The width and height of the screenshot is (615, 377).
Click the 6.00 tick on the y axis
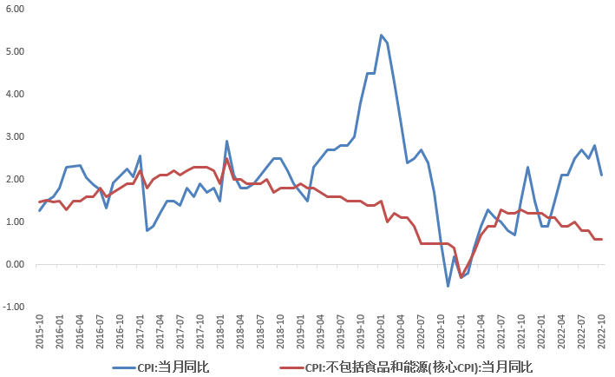point(14,9)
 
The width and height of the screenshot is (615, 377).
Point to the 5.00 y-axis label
point(14,51)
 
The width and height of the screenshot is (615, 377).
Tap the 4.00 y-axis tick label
point(14,94)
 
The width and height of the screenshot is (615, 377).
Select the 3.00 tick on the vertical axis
point(14,137)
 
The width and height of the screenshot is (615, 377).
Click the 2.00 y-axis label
point(14,180)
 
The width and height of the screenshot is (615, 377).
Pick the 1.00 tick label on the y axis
point(14,222)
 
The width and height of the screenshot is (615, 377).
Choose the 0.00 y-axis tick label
point(14,265)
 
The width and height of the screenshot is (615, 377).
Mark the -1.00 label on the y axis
point(12,308)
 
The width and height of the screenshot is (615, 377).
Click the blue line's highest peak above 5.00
point(381,35)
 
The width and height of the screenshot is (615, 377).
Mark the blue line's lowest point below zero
point(448,286)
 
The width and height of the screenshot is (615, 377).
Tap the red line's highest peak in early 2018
point(226,159)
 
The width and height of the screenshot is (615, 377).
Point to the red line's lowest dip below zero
point(461,277)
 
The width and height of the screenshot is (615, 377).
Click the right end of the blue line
point(601,175)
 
